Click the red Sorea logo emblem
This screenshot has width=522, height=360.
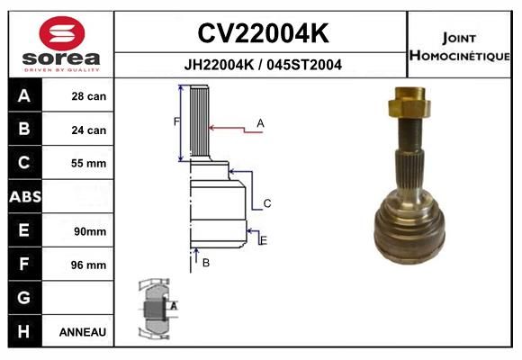pyautogui.click(x=62, y=33)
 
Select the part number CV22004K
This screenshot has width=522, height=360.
pyautogui.click(x=263, y=33)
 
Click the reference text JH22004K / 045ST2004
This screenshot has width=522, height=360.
pyautogui.click(x=263, y=65)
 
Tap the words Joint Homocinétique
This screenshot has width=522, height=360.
pyautogui.click(x=459, y=47)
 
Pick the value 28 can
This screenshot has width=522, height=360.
pyautogui.click(x=89, y=96)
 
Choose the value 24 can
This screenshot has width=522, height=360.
pyautogui.click(x=89, y=130)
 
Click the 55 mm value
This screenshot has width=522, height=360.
pyautogui.click(x=88, y=163)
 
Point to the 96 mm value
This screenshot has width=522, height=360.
pyautogui.click(x=88, y=265)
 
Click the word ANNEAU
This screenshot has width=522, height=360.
pyautogui.click(x=83, y=332)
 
